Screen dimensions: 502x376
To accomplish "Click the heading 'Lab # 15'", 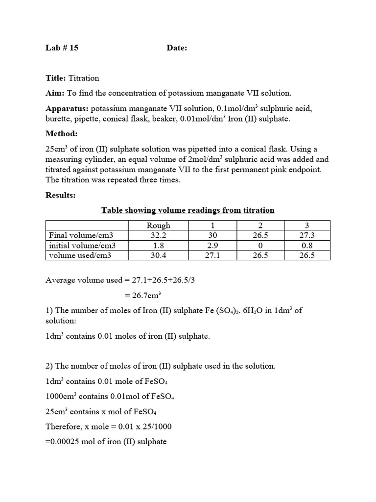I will pos(62,48).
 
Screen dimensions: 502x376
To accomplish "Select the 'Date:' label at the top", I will pos(177,48).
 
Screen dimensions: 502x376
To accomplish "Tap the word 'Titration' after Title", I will pos(84,78).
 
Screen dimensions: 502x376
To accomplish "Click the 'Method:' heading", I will pos(61,133).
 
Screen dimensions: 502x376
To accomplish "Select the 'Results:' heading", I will pos(61,195).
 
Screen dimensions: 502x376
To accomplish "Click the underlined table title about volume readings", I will pos(188,210).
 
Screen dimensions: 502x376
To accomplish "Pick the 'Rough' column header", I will pos(159,225).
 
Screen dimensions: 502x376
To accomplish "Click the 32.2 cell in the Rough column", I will pos(159,235).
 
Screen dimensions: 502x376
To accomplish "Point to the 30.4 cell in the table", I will pos(159,255).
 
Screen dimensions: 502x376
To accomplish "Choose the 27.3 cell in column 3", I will pos(306,235).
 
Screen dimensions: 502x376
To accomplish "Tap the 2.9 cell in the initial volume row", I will pos(212,245).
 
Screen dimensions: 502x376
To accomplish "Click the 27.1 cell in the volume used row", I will pos(212,255).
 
